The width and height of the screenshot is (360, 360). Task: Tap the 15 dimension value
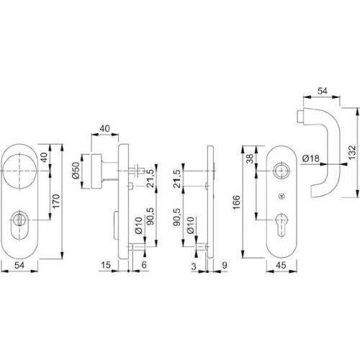106,266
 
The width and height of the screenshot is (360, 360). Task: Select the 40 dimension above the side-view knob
107,129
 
